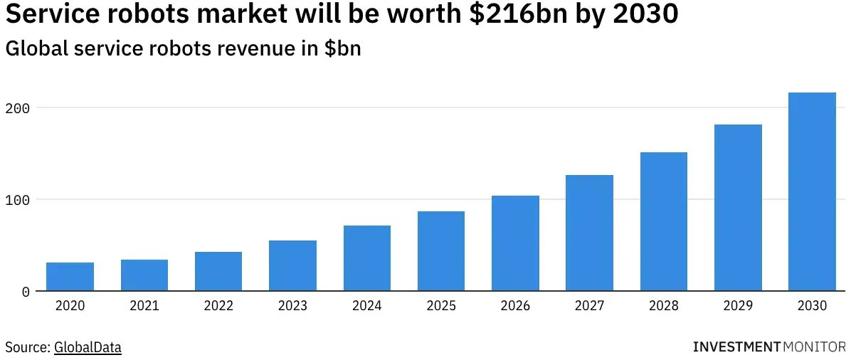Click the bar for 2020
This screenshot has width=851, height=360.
[70, 277]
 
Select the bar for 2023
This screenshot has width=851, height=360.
[292, 265]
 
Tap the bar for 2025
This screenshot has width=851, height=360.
[441, 250]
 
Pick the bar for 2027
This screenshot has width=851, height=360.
[589, 233]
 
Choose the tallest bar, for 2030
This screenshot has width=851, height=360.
[812, 191]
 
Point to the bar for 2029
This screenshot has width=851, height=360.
[738, 207]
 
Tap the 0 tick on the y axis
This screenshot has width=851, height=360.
[26, 292]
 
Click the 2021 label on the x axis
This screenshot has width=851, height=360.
[144, 306]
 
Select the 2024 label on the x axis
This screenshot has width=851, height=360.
[366, 306]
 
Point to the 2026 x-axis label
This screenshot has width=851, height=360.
[515, 306]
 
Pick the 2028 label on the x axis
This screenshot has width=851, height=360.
[663, 306]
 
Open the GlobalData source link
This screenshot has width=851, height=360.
[88, 347]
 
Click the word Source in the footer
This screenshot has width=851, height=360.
[27, 347]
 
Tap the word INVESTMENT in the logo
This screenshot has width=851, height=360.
[736, 347]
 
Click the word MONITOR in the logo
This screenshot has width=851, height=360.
[813, 347]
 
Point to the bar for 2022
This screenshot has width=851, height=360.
[218, 271]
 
